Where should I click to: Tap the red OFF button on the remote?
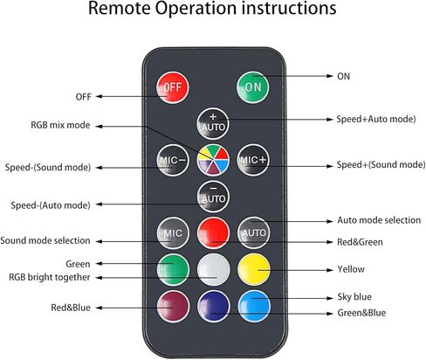[173, 87]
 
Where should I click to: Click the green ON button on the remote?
[252, 87]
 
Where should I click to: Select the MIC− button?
[173, 160]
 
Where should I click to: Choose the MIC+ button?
[252, 160]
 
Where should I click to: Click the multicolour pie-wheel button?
[213, 160]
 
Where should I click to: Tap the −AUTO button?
[213, 197]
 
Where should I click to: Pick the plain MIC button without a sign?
[173, 232]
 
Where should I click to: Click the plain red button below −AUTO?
[213, 232]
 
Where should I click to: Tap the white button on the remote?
[213, 269]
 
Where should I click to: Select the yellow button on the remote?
[254, 269]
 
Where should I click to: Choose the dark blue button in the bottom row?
[213, 306]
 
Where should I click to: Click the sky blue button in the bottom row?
[254, 306]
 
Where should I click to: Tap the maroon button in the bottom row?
[173, 306]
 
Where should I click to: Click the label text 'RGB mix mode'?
[60, 125]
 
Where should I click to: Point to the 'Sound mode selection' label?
[45, 240]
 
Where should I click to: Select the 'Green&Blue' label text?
[361, 313]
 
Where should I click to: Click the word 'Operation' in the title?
[196, 9]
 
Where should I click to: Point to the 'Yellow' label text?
[351, 269]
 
